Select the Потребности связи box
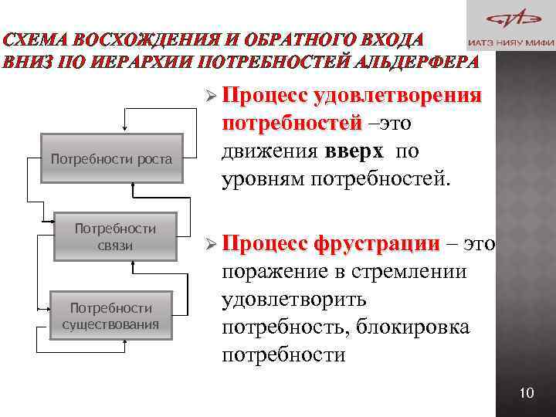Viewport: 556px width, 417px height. pos(115,236)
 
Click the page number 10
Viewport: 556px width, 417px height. pos(527,394)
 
